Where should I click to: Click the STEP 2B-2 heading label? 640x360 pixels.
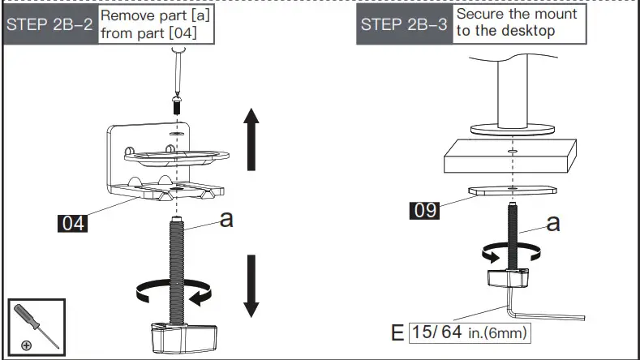(50, 24)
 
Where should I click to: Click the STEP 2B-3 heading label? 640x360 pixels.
(404, 24)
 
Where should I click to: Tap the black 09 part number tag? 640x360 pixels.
(423, 211)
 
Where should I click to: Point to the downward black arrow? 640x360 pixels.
(251, 286)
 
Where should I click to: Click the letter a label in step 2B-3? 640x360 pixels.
(552, 222)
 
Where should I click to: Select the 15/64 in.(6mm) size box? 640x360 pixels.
(474, 332)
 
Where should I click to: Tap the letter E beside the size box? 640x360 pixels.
(397, 332)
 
